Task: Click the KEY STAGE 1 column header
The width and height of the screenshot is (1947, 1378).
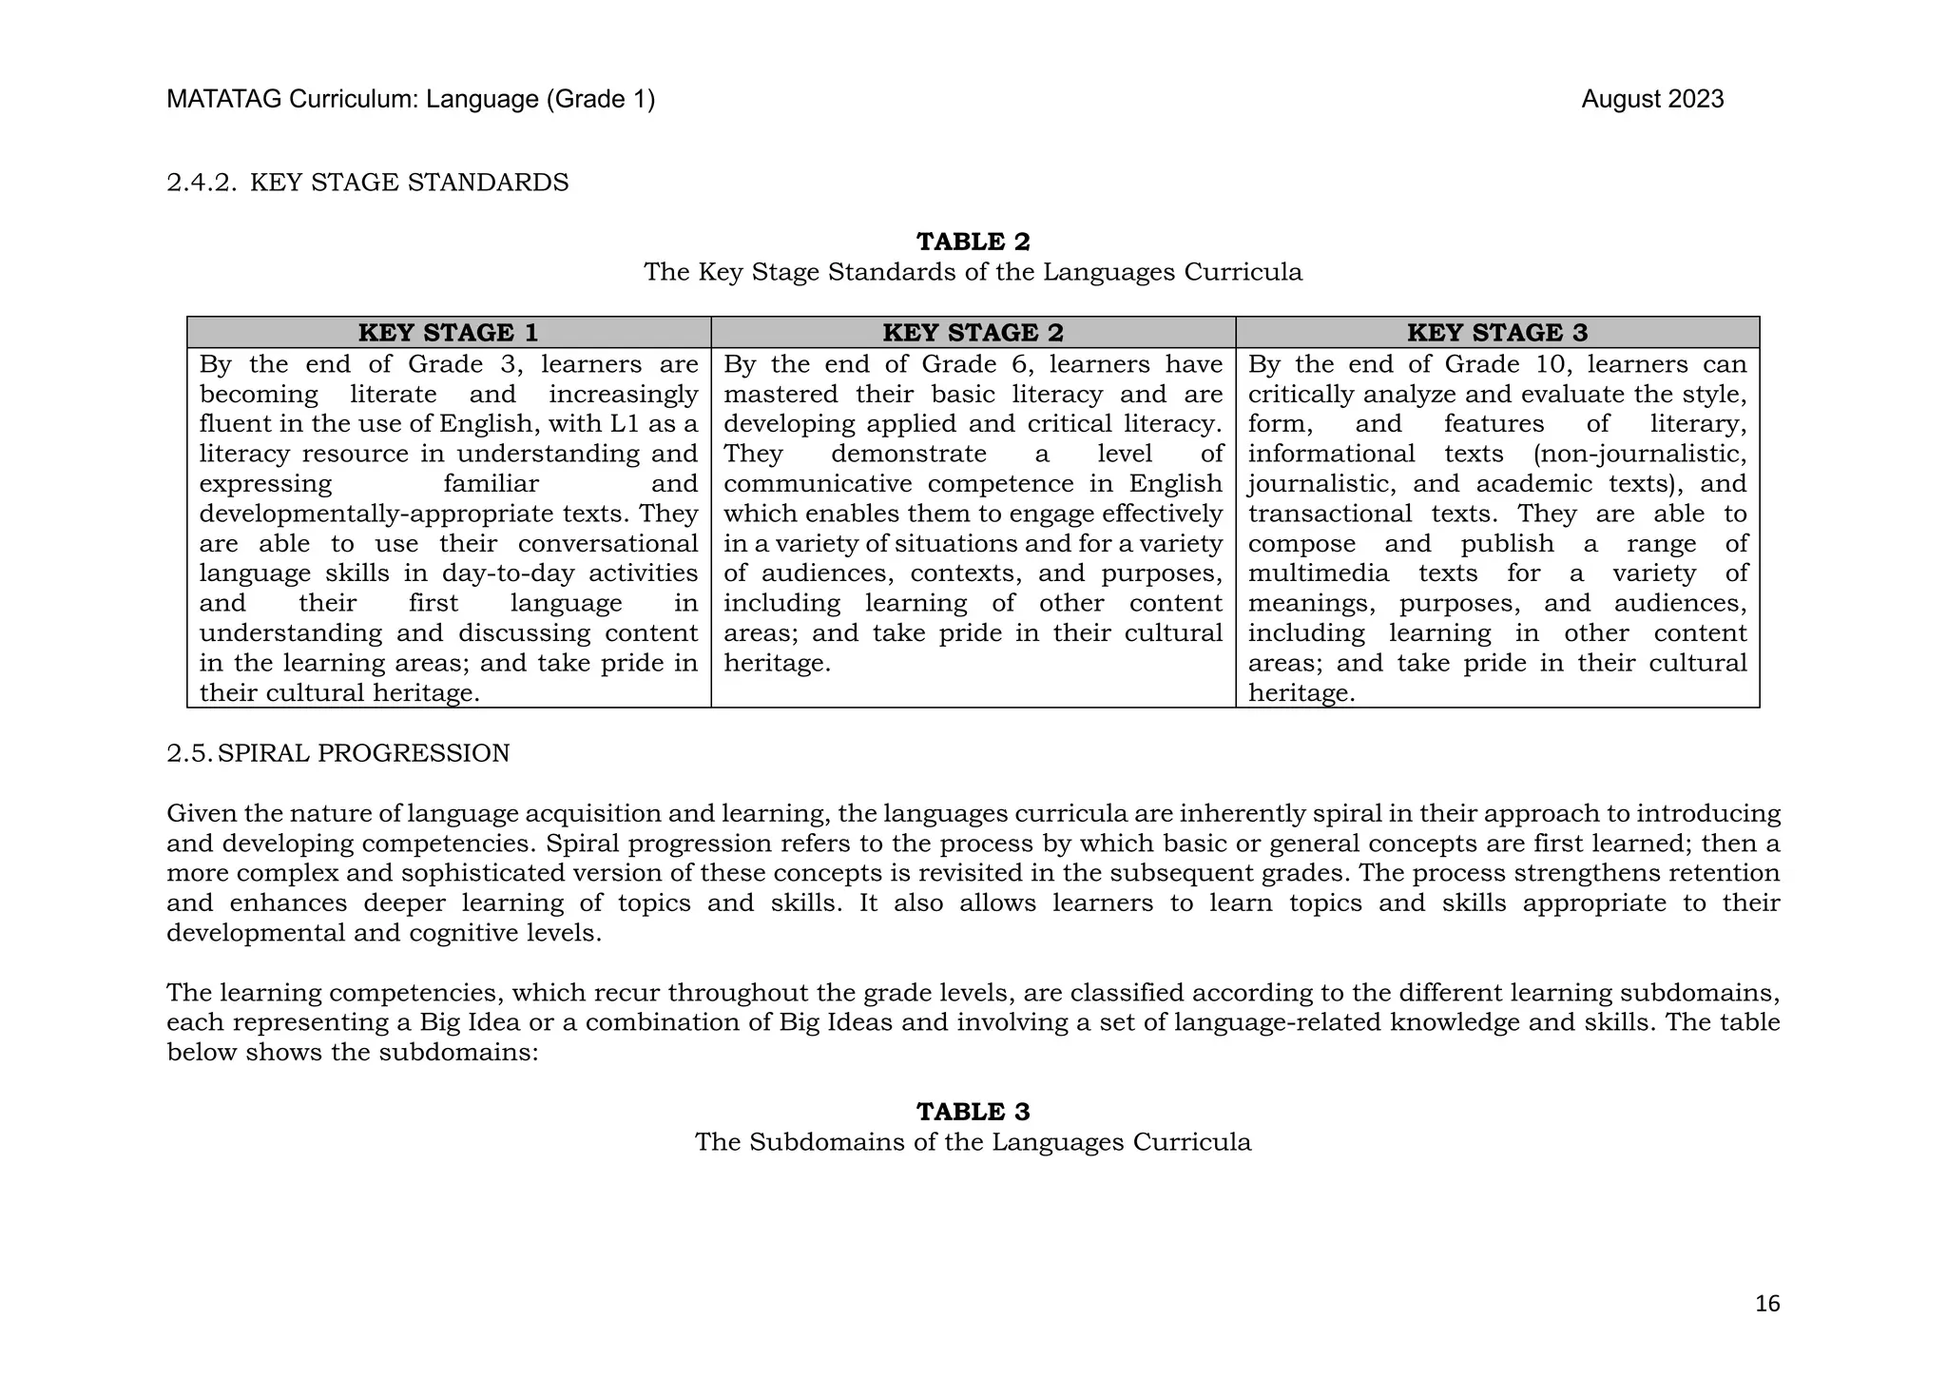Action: (x=448, y=333)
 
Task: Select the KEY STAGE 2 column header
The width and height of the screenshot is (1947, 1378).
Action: (x=973, y=333)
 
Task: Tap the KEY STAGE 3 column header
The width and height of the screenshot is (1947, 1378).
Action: (x=1497, y=333)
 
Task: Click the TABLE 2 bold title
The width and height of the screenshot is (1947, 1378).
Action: (x=973, y=242)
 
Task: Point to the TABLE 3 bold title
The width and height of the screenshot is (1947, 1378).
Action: (x=973, y=1112)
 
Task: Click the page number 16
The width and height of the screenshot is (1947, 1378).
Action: (x=1766, y=1304)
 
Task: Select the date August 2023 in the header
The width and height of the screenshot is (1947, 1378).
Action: (x=1652, y=100)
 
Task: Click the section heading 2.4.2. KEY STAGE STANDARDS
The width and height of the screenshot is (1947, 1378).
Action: (x=368, y=183)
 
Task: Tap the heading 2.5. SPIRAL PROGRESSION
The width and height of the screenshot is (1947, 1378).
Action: (x=338, y=753)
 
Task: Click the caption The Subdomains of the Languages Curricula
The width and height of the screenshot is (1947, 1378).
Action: (x=973, y=1142)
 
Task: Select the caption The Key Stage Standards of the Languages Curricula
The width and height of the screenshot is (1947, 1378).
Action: (x=973, y=272)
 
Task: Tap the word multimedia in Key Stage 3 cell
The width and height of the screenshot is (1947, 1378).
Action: (x=1318, y=573)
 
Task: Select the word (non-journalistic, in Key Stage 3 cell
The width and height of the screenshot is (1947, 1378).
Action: (x=1640, y=455)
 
